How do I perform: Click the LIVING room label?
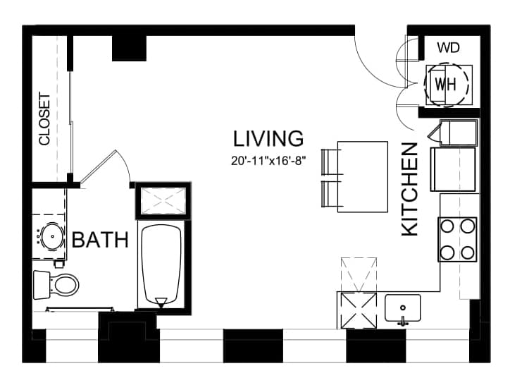coord(268,138)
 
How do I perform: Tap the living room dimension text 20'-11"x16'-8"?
coord(268,161)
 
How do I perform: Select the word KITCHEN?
coord(409,189)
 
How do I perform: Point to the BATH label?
coord(100,240)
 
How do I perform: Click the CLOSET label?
coord(44,118)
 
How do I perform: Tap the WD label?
coord(448,48)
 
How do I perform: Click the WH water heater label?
coord(445,85)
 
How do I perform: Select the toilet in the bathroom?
coord(56,285)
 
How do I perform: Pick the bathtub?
coord(161,265)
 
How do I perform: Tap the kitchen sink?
coord(403,308)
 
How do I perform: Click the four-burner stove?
coord(457,239)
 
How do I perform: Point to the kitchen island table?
coord(363,177)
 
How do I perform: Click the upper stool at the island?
coord(330,162)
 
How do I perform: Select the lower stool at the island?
coord(330,194)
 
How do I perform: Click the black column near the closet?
coord(130,48)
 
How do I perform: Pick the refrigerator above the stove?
coord(453,169)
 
